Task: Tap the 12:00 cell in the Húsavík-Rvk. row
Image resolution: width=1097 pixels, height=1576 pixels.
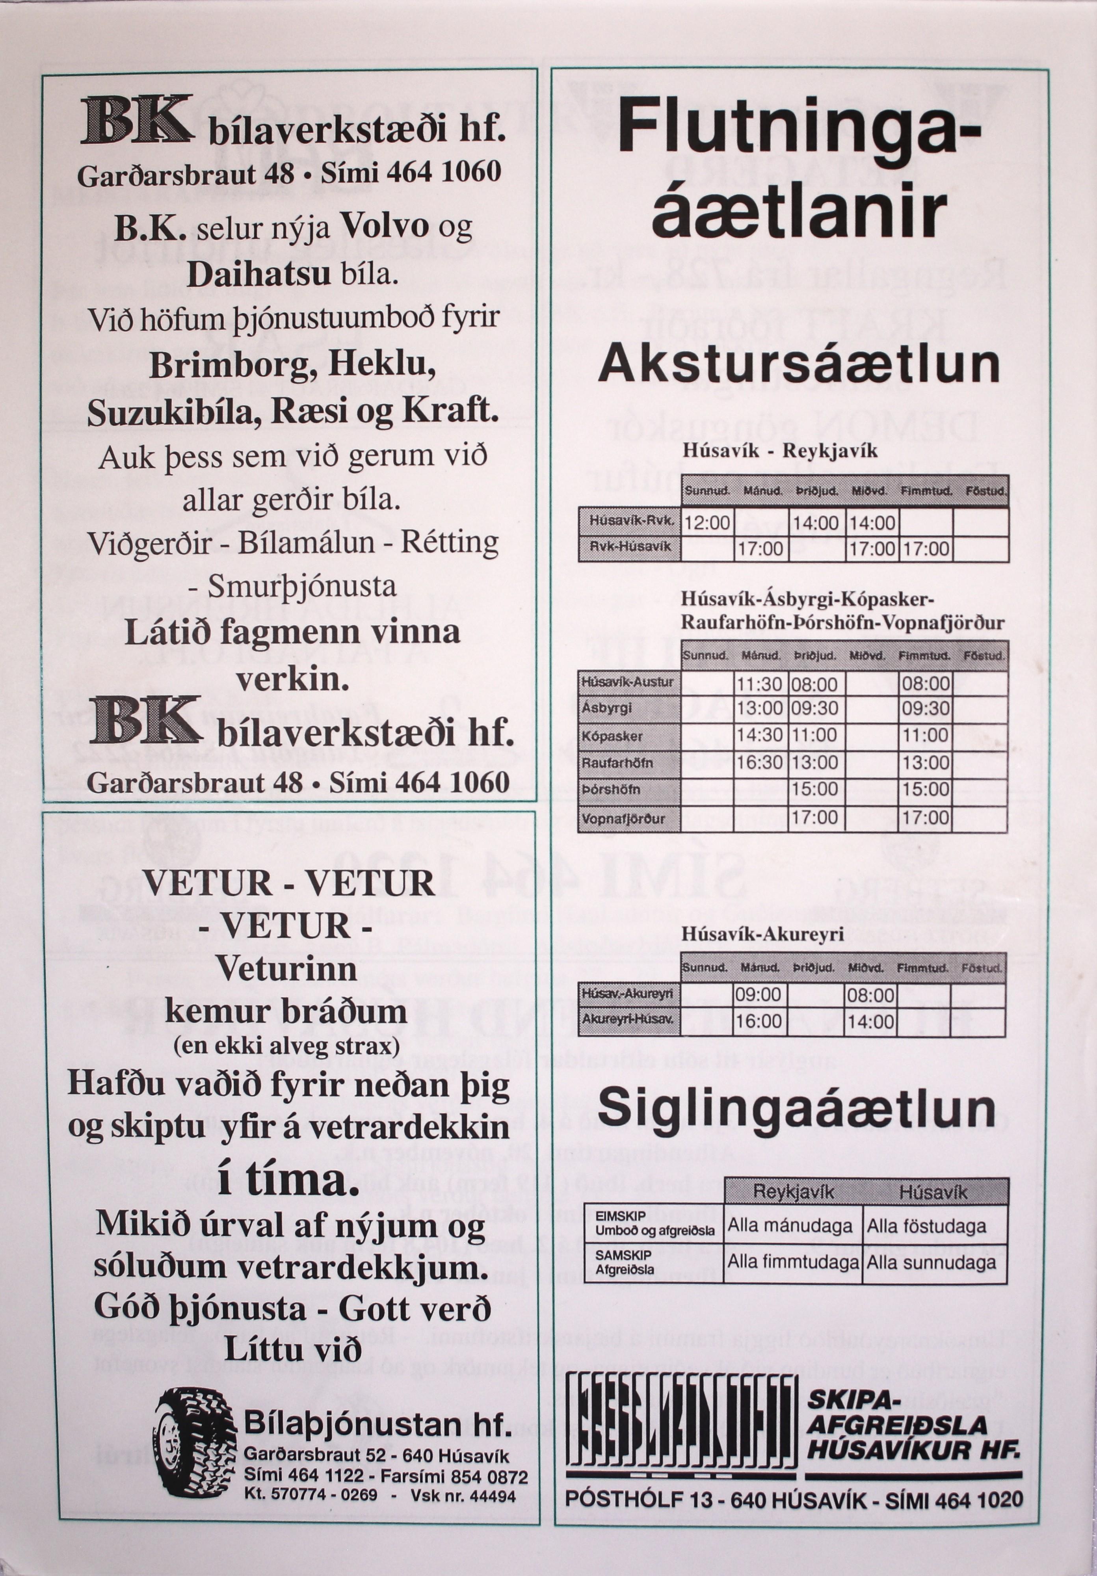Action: click(x=707, y=524)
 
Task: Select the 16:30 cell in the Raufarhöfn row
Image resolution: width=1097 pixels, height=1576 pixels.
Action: click(x=760, y=763)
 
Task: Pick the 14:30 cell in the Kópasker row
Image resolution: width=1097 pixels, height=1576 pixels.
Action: click(x=760, y=735)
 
